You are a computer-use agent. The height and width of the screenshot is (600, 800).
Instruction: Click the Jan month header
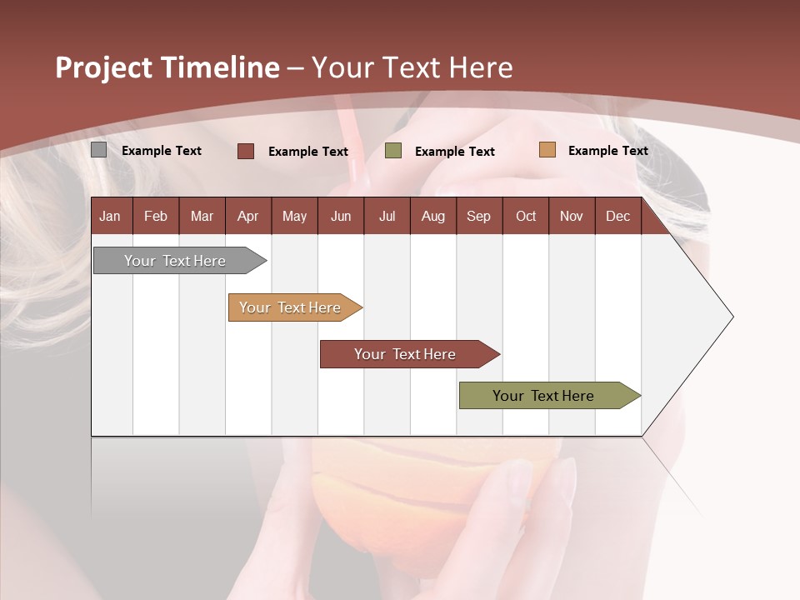110,216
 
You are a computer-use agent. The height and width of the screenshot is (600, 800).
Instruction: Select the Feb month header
156,216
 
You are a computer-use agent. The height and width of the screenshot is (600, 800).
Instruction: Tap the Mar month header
202,216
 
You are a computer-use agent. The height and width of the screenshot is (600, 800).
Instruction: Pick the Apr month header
247,216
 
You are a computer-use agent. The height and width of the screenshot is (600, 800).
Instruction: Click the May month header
294,216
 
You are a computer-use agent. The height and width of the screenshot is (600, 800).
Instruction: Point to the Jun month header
341,216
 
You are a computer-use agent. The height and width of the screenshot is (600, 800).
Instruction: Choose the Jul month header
387,216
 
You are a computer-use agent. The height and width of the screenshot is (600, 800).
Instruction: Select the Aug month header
432,216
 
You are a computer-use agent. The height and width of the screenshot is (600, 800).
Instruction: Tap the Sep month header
478,216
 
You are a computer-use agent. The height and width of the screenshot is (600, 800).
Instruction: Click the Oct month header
526,216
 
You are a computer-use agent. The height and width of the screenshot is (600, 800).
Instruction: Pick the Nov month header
572,216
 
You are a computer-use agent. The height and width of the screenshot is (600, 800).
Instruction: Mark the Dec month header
617,216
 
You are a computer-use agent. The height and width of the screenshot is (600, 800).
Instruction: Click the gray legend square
98,150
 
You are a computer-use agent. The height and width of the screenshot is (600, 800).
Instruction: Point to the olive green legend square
393,150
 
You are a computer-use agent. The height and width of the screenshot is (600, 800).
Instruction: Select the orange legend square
547,150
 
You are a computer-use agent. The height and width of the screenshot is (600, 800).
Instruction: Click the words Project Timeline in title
167,67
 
